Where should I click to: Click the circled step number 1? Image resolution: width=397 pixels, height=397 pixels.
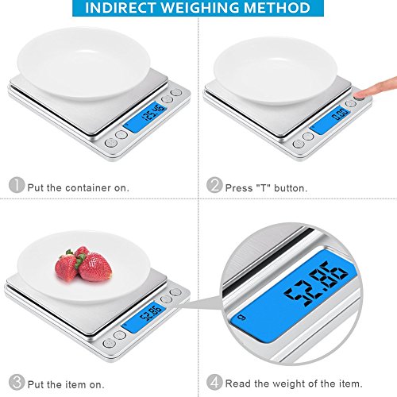(x=16, y=187)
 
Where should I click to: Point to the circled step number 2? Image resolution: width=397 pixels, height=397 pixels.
(x=214, y=187)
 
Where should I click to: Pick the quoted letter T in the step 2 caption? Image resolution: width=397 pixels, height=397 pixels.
(x=262, y=187)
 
